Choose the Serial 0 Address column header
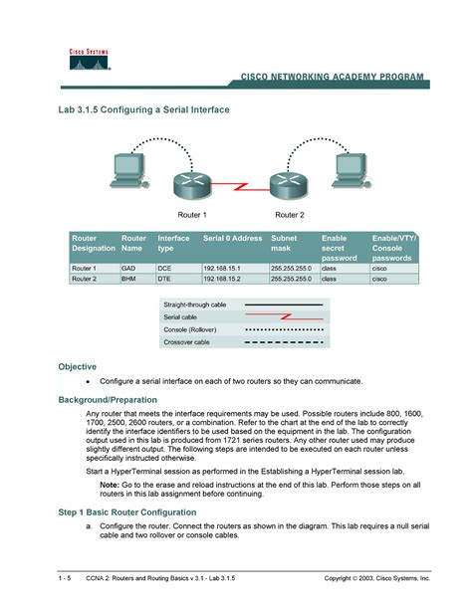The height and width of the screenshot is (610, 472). (x=232, y=239)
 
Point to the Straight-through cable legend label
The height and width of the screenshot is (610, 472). (x=195, y=305)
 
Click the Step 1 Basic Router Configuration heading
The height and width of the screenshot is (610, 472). (x=139, y=511)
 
